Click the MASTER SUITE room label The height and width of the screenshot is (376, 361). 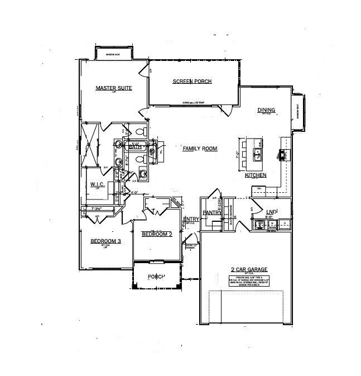click(113, 88)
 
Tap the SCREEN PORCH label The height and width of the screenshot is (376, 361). click(192, 82)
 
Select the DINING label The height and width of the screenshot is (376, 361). click(266, 110)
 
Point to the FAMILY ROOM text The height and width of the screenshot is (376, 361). click(200, 149)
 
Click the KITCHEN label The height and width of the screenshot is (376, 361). click(256, 175)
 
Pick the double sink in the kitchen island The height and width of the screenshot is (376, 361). click(259, 152)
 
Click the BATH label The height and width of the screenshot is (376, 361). click(134, 146)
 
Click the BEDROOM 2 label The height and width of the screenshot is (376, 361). click(156, 234)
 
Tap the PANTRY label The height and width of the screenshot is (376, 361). click(212, 213)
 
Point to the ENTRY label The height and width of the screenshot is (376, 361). click(191, 219)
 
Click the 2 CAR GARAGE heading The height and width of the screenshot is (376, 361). click(246, 269)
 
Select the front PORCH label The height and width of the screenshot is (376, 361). click(156, 277)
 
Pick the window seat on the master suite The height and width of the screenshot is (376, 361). click(113, 54)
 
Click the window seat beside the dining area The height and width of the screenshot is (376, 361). click(299, 111)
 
